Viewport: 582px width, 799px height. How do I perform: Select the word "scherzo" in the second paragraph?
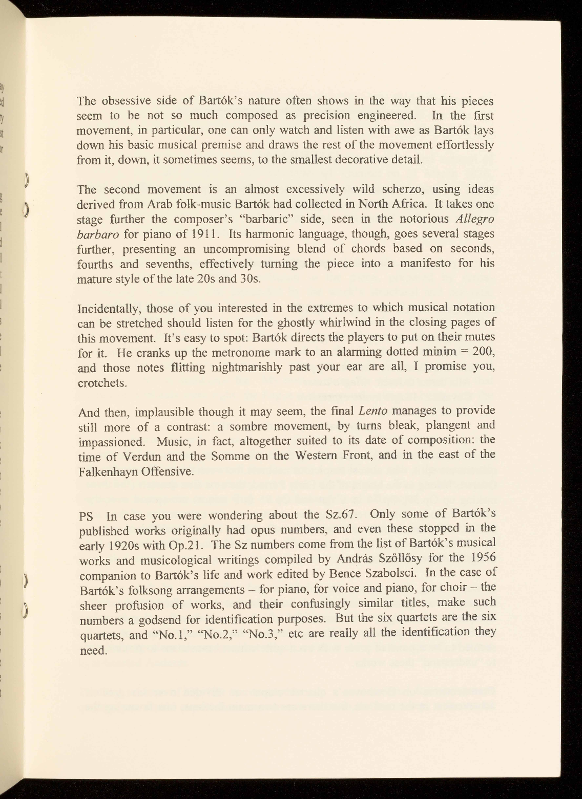click(x=394, y=189)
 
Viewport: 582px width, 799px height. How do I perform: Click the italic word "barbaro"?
click(x=98, y=234)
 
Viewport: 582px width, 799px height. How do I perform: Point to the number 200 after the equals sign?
click(x=482, y=353)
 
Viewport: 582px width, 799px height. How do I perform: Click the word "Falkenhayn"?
click(x=107, y=471)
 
